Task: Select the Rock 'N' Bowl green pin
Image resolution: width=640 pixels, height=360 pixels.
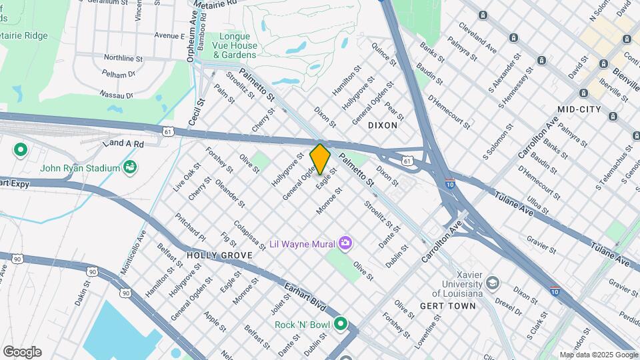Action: pyautogui.click(x=341, y=325)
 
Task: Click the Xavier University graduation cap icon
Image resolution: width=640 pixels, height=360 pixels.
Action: pyautogui.click(x=492, y=283)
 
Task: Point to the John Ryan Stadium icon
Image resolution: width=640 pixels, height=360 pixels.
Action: pyautogui.click(x=130, y=167)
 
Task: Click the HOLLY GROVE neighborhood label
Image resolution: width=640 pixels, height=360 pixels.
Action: pyautogui.click(x=219, y=255)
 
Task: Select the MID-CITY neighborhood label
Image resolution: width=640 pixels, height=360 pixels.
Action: pyautogui.click(x=579, y=109)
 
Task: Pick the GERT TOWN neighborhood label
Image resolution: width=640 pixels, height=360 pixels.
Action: pyautogui.click(x=448, y=306)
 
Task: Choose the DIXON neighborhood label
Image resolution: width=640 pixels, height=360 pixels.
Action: pyautogui.click(x=383, y=125)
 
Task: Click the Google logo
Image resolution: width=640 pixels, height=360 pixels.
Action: pyautogui.click(x=22, y=351)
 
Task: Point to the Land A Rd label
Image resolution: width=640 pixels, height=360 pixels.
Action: pyautogui.click(x=123, y=143)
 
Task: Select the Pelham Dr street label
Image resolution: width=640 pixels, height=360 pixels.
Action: pyautogui.click(x=119, y=75)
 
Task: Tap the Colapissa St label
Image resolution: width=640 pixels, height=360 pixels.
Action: pyautogui.click(x=250, y=235)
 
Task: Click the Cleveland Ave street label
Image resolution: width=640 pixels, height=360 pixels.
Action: pyautogui.click(x=477, y=39)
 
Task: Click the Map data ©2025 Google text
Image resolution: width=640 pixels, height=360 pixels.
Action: pyautogui.click(x=599, y=355)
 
